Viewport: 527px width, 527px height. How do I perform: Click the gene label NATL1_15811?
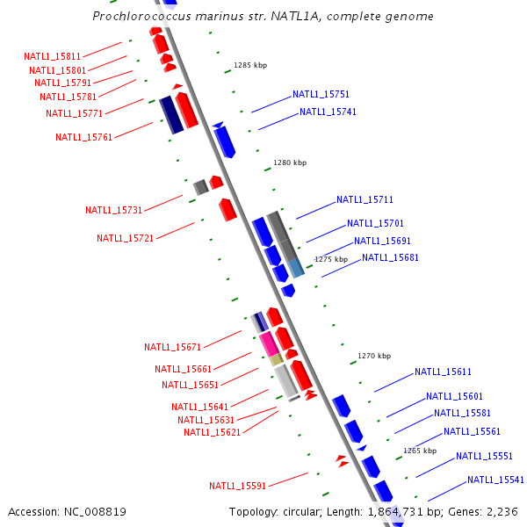(52, 56)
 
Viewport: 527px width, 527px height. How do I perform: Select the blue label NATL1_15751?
(321, 94)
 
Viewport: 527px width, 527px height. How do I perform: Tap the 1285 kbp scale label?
(250, 65)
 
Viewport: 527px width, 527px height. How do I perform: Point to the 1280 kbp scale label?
(290, 162)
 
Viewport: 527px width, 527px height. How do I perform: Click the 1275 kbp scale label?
(331, 259)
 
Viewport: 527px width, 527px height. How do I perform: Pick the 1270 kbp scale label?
(373, 356)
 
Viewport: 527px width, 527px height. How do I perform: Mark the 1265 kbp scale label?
(419, 451)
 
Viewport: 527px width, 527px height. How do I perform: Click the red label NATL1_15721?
(125, 238)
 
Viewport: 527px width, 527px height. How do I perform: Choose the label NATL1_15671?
(172, 347)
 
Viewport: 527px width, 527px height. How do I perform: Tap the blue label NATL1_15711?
(365, 199)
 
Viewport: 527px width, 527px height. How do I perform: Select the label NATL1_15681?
(390, 257)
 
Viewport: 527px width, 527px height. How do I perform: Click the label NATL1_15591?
(237, 486)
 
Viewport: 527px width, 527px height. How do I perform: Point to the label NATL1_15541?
(495, 480)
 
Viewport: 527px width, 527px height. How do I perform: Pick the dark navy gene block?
(170, 115)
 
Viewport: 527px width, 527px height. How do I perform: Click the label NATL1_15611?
(443, 372)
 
